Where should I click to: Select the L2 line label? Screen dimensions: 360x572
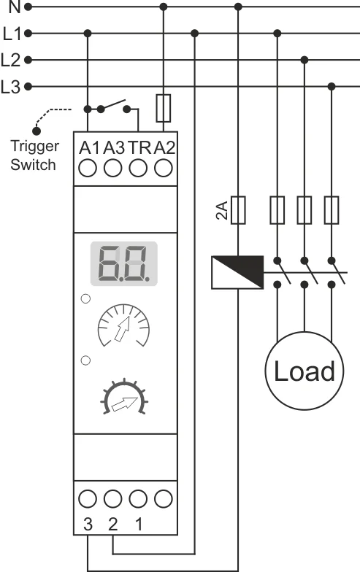pyautogui.click(x=10, y=60)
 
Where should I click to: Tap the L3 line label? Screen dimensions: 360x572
pyautogui.click(x=10, y=87)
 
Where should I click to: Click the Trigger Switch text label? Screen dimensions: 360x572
pyautogui.click(x=34, y=155)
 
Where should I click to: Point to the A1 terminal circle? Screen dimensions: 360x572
pyautogui.click(x=88, y=169)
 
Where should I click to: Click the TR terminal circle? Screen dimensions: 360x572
pyautogui.click(x=138, y=169)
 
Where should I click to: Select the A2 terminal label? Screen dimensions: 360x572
pyautogui.click(x=164, y=147)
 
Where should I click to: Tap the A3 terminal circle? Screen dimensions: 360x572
pyautogui.click(x=112, y=169)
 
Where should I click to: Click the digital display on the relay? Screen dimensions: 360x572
pyautogui.click(x=124, y=263)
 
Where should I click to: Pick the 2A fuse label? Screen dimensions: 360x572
pyautogui.click(x=222, y=210)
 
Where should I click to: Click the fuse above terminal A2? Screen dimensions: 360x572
pyautogui.click(x=164, y=108)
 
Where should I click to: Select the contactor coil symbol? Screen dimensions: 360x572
pyautogui.click(x=238, y=273)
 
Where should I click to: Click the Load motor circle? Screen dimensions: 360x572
pyautogui.click(x=304, y=371)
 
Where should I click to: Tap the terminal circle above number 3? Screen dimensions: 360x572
pyautogui.click(x=88, y=499)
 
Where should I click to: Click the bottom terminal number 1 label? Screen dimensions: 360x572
pyautogui.click(x=139, y=524)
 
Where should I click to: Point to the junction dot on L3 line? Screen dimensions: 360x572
pyautogui.click(x=332, y=86)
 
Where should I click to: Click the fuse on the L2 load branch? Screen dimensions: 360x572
pyautogui.click(x=304, y=210)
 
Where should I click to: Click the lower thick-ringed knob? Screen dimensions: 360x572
pyautogui.click(x=124, y=397)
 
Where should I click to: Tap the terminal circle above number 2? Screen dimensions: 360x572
pyautogui.click(x=112, y=499)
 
